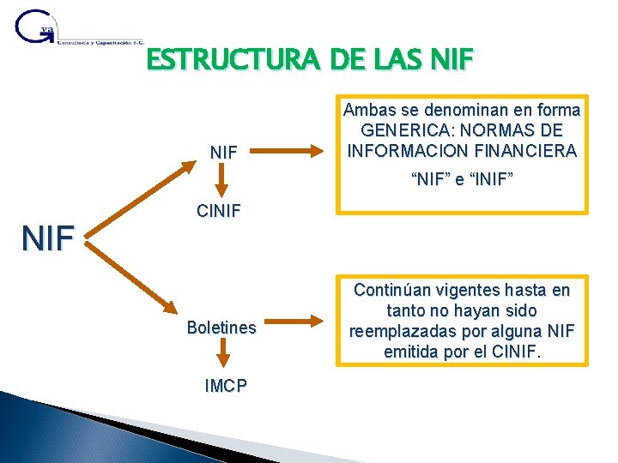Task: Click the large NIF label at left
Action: pyautogui.click(x=48, y=238)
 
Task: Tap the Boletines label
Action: pyautogui.click(x=221, y=328)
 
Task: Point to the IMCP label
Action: pyautogui.click(x=225, y=386)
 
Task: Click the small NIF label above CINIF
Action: pyautogui.click(x=224, y=153)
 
